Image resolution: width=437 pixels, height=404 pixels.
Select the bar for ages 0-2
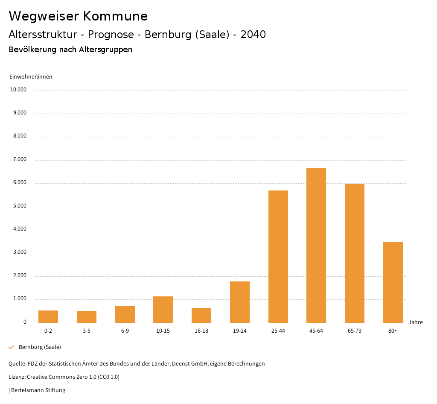(48, 316)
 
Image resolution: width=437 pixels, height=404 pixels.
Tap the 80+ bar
(393, 282)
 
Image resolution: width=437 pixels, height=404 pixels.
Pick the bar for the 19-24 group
(240, 302)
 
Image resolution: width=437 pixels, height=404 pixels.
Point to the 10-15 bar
(163, 310)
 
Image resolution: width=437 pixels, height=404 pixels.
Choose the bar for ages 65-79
(355, 253)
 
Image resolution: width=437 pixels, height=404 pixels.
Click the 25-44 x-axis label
(278, 331)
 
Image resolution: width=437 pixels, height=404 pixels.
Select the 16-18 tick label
(201, 331)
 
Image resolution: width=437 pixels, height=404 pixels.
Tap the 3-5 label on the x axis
(87, 331)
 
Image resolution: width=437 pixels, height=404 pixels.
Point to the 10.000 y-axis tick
(19, 90)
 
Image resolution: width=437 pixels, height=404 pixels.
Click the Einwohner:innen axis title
(31, 77)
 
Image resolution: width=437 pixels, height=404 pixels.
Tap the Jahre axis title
(416, 322)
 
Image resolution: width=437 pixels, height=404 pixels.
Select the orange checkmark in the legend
(12, 347)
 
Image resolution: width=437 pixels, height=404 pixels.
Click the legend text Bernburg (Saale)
(40, 347)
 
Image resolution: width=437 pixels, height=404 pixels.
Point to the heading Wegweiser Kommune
(78, 16)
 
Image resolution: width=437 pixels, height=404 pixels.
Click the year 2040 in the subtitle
(253, 35)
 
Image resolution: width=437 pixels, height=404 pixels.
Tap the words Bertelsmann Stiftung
(38, 390)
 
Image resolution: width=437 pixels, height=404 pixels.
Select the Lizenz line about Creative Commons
(64, 377)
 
